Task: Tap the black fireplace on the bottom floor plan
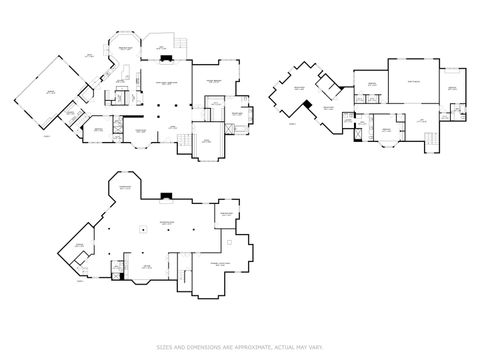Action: (x=165, y=197)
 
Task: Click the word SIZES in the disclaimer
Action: (x=163, y=347)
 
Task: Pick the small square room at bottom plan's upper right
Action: (x=225, y=215)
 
